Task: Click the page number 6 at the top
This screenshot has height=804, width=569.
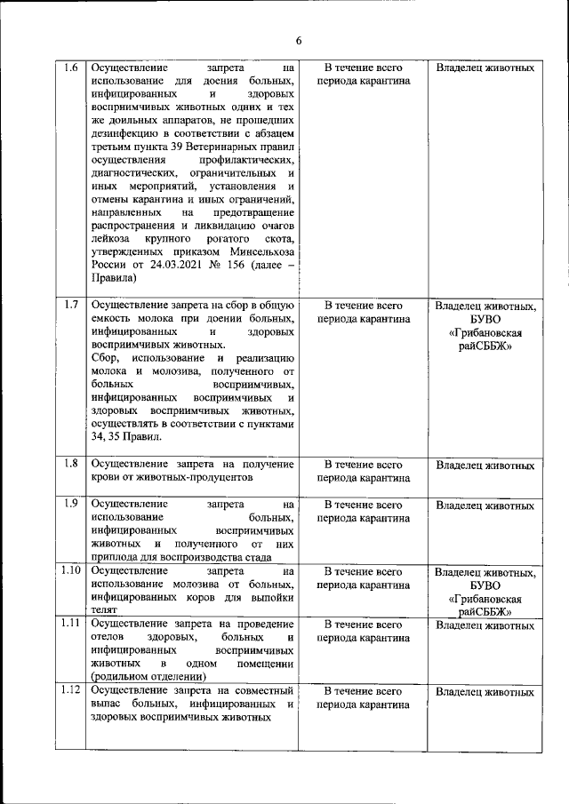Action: tap(299, 41)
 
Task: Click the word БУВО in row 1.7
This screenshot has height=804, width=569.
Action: tap(485, 320)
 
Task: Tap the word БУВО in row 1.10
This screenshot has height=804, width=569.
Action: tap(485, 585)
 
